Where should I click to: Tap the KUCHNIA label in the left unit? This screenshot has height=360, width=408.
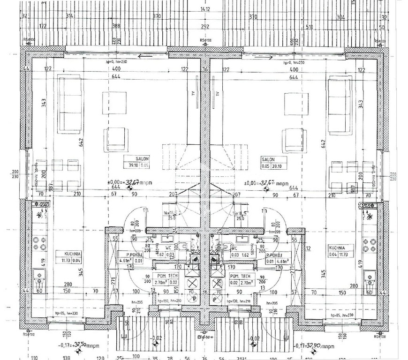(64, 253)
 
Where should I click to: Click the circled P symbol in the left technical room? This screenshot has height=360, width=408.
(191, 297)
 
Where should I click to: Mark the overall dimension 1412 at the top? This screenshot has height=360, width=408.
(204, 8)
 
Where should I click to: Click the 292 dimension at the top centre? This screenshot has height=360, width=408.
(204, 27)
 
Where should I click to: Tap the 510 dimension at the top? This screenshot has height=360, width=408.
(310, 27)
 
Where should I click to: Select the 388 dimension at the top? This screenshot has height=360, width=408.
(116, 27)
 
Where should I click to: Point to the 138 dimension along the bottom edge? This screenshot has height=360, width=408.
(66, 357)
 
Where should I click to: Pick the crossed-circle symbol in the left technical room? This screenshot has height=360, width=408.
(191, 283)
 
